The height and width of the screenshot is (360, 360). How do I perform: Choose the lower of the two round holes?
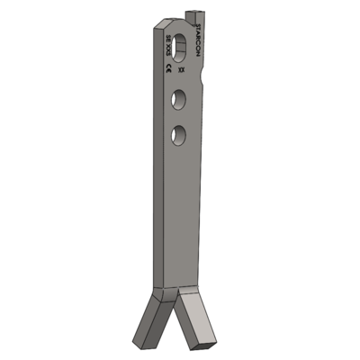[x=179, y=135]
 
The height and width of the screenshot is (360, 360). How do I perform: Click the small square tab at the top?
[x=193, y=15]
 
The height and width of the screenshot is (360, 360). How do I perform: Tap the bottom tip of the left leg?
[x=137, y=342]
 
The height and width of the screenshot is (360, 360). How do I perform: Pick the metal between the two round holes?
[x=179, y=117]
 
